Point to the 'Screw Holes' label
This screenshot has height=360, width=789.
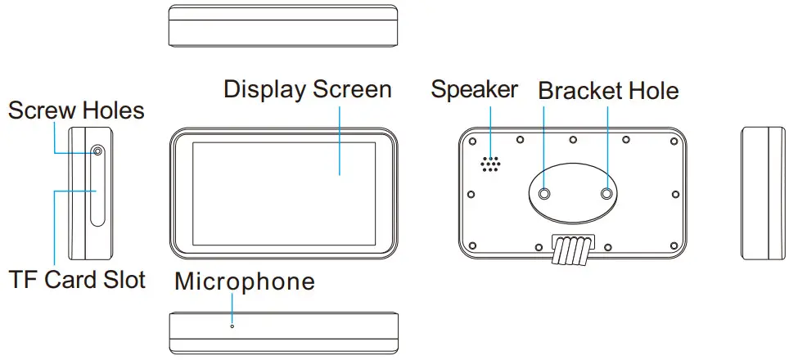76,110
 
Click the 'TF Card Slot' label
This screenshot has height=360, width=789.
78,280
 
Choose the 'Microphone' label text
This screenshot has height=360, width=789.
245,281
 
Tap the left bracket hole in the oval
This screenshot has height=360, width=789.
545,194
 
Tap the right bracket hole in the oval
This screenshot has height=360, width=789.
607,194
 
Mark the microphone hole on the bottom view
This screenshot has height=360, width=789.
232,326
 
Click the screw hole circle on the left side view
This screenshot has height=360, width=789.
98,151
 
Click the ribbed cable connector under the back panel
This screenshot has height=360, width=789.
572,250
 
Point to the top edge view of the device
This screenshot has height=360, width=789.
283,26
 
